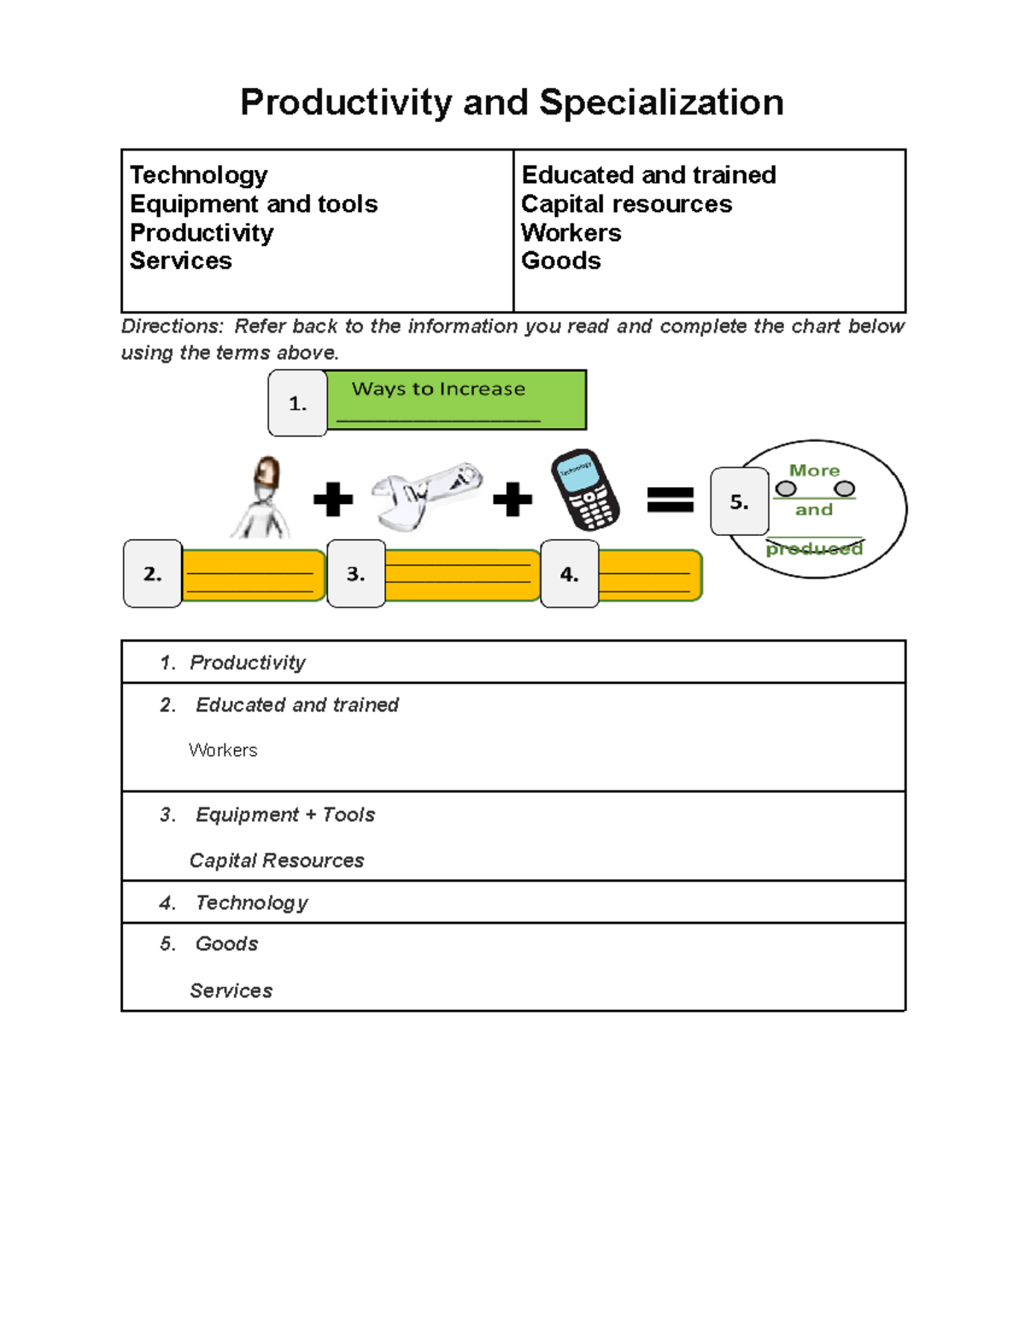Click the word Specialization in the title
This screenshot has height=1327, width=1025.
point(661,103)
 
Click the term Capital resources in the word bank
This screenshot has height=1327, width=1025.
point(626,204)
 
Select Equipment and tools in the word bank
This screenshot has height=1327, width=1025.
point(254,204)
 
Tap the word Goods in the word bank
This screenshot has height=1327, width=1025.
point(561,261)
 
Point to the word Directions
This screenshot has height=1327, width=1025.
point(172,326)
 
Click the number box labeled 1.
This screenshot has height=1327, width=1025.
point(297,403)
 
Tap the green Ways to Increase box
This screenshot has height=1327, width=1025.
point(456,399)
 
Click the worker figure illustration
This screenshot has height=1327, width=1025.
point(262,497)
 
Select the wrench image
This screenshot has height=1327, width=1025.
point(426,495)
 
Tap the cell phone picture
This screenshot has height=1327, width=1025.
point(585,490)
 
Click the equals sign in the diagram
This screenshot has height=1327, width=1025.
point(671,499)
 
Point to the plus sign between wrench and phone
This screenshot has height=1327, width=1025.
point(512,499)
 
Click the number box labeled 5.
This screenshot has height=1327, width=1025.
point(740,502)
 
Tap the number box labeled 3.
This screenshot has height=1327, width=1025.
point(356,574)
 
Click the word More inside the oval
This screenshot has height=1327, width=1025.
point(814,471)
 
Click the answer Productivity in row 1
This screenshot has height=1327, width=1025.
point(248,662)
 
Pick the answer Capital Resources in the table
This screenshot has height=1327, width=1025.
point(277,860)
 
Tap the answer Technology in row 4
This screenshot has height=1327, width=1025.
point(252,902)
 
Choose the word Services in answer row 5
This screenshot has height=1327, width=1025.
point(231,990)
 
